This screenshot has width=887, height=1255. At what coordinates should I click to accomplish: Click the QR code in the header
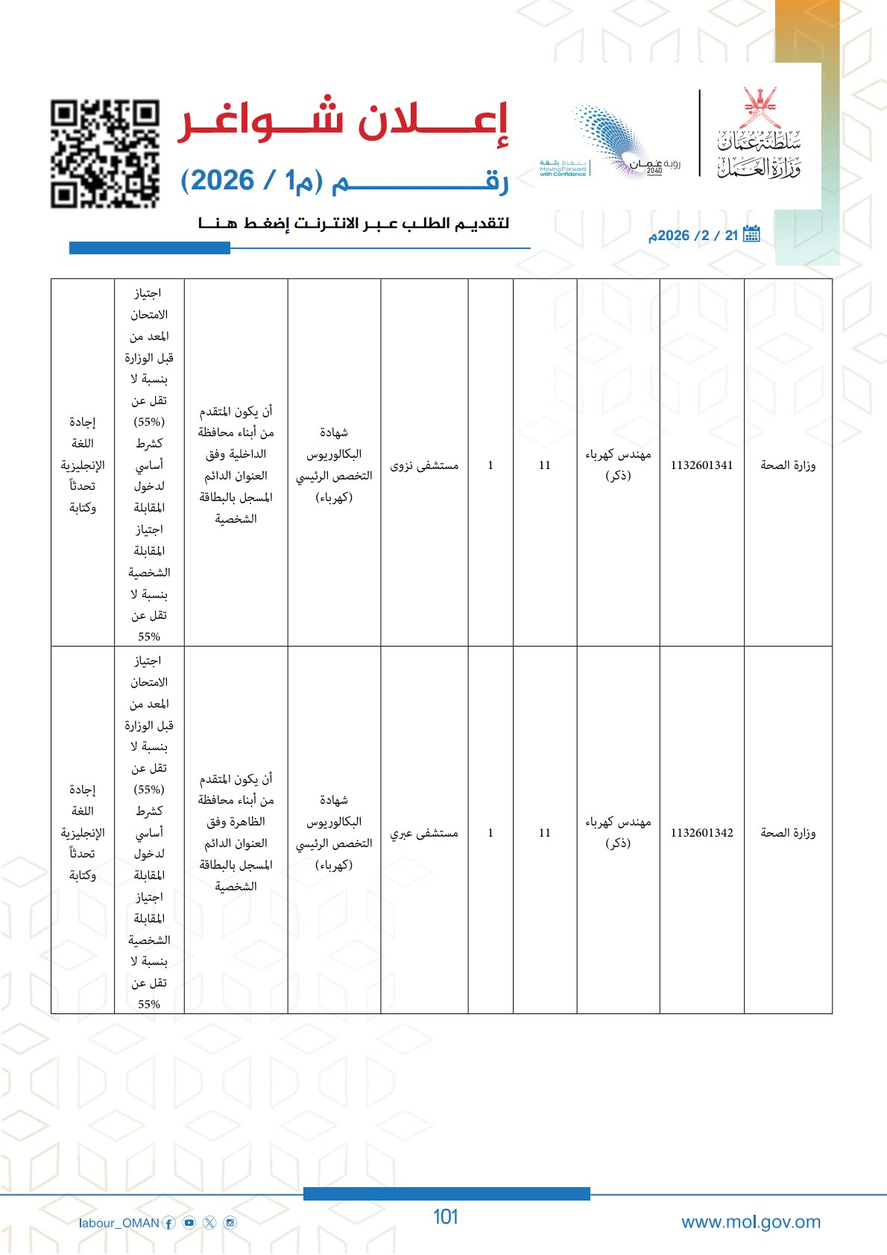click(105, 154)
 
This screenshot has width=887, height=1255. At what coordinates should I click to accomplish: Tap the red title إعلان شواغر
click(343, 120)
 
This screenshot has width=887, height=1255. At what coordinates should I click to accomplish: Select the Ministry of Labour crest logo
click(759, 134)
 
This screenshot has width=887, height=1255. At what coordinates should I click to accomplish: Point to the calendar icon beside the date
click(751, 234)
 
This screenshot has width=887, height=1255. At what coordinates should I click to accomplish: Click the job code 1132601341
click(701, 465)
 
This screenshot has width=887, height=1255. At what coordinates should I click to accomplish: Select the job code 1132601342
click(701, 833)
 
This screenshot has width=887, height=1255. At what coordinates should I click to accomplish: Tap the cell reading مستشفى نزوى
click(424, 465)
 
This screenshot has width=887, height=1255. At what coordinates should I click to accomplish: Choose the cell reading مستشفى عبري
click(424, 833)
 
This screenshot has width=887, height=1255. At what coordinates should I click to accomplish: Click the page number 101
click(445, 1217)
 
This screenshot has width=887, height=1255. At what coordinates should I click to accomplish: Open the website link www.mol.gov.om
click(751, 1221)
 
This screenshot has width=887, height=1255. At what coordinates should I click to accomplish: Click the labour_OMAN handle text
click(119, 1223)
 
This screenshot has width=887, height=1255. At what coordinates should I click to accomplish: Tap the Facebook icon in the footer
click(169, 1223)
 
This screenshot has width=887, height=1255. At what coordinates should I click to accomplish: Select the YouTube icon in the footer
click(189, 1223)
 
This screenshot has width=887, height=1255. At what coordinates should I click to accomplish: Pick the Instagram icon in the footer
click(230, 1223)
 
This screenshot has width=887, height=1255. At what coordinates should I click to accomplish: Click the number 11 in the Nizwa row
click(545, 465)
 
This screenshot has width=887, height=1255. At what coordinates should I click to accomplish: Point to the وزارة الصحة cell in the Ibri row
click(788, 833)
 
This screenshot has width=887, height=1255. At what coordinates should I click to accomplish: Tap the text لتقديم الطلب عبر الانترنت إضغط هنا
click(353, 223)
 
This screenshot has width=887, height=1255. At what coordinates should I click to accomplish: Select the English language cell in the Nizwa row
click(83, 465)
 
